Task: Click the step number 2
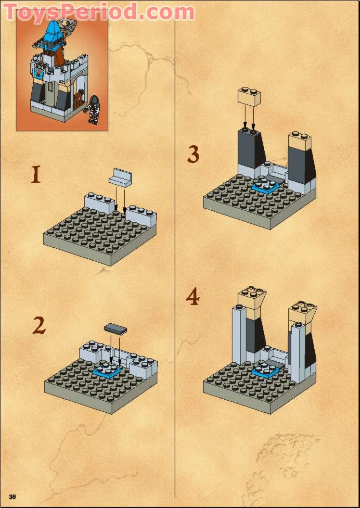click(x=39, y=326)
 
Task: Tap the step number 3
click(x=193, y=155)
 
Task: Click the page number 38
click(x=13, y=496)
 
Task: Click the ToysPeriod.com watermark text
click(x=99, y=12)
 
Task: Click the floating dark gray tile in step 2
click(x=116, y=330)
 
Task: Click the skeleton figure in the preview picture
click(x=93, y=110)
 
